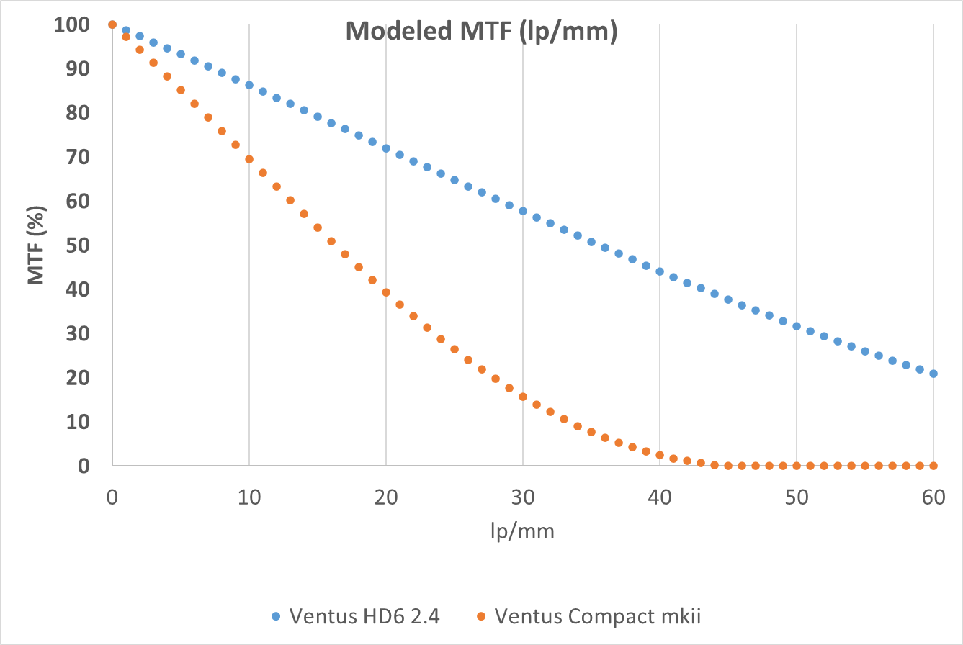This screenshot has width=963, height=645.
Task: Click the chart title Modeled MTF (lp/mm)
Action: (x=481, y=32)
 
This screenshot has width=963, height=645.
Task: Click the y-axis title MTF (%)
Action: (x=36, y=245)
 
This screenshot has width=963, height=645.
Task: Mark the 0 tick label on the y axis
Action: (x=84, y=466)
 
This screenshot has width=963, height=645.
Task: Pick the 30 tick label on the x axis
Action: (x=522, y=497)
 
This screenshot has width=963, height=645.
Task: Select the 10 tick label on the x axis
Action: (x=248, y=497)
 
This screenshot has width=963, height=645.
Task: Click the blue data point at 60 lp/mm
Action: (x=933, y=374)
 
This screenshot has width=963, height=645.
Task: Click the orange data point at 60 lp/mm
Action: (x=933, y=466)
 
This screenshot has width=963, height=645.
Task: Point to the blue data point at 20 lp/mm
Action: (x=386, y=148)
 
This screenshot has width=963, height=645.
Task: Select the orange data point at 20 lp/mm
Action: (x=386, y=292)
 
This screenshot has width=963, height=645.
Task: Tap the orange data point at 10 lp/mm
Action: (x=249, y=159)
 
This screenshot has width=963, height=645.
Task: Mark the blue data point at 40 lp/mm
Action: (x=660, y=271)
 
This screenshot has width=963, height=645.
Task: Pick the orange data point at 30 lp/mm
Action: (x=523, y=397)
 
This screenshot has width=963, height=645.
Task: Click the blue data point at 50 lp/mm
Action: (x=797, y=326)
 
